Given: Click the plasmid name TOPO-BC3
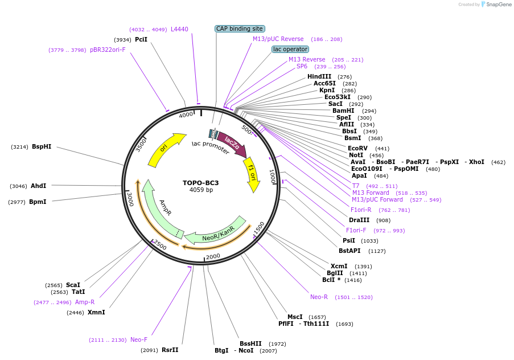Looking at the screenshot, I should coord(200,183).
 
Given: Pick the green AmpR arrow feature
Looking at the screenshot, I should coord(161,211).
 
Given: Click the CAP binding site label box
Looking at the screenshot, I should coord(240,28).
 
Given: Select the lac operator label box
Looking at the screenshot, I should coord(290,50).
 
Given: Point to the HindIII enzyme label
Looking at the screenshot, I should coord(319,76).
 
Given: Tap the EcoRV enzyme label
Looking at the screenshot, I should coord(359,148).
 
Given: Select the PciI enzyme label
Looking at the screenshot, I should coord(141,39).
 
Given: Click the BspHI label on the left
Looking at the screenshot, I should coord(42,146).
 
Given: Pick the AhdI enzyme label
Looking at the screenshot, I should coord(39,186).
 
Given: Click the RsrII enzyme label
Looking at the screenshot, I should coord(170,350).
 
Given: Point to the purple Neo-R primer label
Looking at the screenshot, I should coord(319,297).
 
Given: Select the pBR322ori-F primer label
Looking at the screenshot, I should coord(108,50).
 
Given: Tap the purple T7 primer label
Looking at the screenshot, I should coord(356,186).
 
